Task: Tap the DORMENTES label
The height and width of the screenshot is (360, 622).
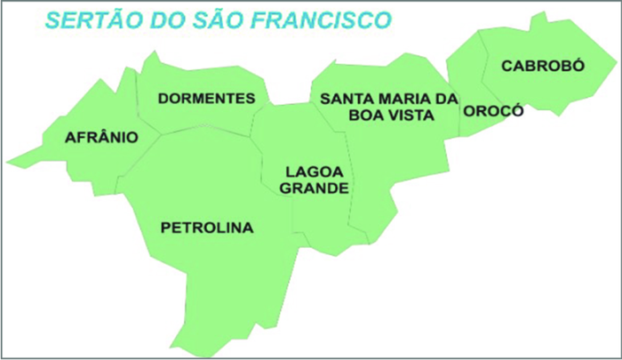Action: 212,98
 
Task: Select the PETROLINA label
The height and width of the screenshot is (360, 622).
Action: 206,228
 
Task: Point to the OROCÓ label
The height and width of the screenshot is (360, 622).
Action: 493,111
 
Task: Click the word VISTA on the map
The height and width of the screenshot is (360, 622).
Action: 411,115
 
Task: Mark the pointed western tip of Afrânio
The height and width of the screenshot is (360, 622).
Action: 8,164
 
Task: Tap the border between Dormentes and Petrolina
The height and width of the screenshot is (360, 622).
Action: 204,132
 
